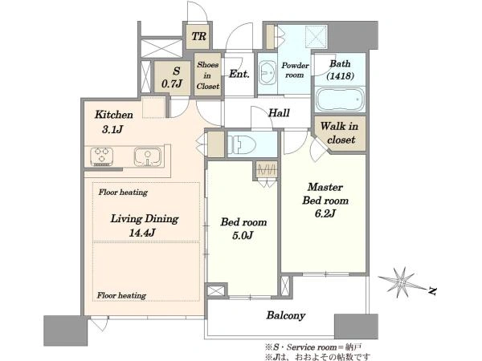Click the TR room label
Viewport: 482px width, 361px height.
point(199,37)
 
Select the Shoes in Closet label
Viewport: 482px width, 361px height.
point(208,75)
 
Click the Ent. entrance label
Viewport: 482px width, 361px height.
point(239,74)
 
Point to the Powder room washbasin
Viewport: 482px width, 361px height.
point(268,73)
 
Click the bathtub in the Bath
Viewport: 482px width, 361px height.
point(339,99)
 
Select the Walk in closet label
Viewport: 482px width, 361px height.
point(339,133)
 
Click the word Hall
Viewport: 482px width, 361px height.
point(279,113)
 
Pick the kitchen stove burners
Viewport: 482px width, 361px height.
point(101,156)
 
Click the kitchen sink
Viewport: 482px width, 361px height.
point(148,156)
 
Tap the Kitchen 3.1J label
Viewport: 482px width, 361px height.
point(114,122)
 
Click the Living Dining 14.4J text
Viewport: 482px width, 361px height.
point(144,225)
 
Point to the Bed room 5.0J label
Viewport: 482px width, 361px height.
point(243,229)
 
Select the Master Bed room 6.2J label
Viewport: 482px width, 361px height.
point(325,200)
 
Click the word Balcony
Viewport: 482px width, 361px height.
point(285,315)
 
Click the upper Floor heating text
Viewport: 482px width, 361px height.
point(123,193)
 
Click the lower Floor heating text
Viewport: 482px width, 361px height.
point(121,295)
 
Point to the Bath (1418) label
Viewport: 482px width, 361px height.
point(340,70)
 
